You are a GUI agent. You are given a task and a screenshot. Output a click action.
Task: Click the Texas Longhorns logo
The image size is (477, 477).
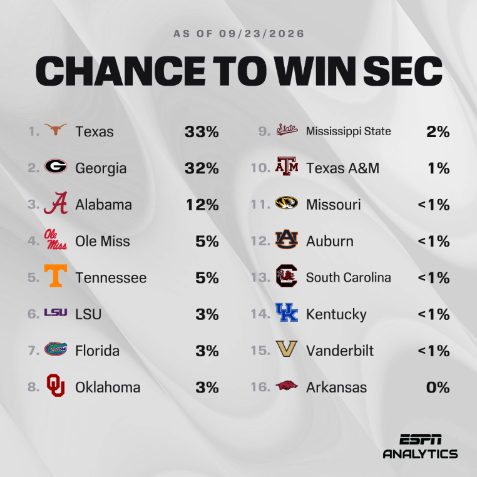(55, 130)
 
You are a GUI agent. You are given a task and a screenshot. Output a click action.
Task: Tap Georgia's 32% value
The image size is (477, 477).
(202, 168)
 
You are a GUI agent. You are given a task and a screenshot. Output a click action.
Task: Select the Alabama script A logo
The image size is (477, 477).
(56, 203)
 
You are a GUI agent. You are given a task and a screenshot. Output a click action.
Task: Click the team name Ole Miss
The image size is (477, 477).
(103, 241)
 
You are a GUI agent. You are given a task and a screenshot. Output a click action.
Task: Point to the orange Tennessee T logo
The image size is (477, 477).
(56, 275)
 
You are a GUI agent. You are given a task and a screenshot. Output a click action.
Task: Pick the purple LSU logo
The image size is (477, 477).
(56, 312)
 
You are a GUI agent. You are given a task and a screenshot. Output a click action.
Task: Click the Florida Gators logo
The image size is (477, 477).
(56, 349)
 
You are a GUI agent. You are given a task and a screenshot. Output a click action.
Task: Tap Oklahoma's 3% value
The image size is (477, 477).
(207, 387)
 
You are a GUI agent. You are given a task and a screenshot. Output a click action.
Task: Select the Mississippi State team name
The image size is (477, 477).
(348, 131)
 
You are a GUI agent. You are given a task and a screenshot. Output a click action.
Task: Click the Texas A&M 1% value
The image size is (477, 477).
(439, 168)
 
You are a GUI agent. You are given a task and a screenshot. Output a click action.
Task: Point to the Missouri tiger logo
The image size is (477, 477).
(287, 203)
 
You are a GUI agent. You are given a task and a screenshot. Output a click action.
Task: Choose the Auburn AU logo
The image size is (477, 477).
(287, 239)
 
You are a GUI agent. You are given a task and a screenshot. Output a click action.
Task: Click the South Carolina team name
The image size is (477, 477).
(348, 277)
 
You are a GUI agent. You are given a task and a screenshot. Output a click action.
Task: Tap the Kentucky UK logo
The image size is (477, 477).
(287, 312)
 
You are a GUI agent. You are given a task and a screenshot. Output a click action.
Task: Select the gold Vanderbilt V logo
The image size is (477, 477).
(287, 349)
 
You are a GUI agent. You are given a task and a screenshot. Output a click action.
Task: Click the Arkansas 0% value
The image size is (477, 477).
(438, 387)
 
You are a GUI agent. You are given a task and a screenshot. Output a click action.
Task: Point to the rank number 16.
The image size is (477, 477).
(260, 387)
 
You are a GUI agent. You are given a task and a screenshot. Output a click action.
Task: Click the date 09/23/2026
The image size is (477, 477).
(262, 33)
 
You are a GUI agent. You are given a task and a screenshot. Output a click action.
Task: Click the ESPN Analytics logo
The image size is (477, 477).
(421, 446)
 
